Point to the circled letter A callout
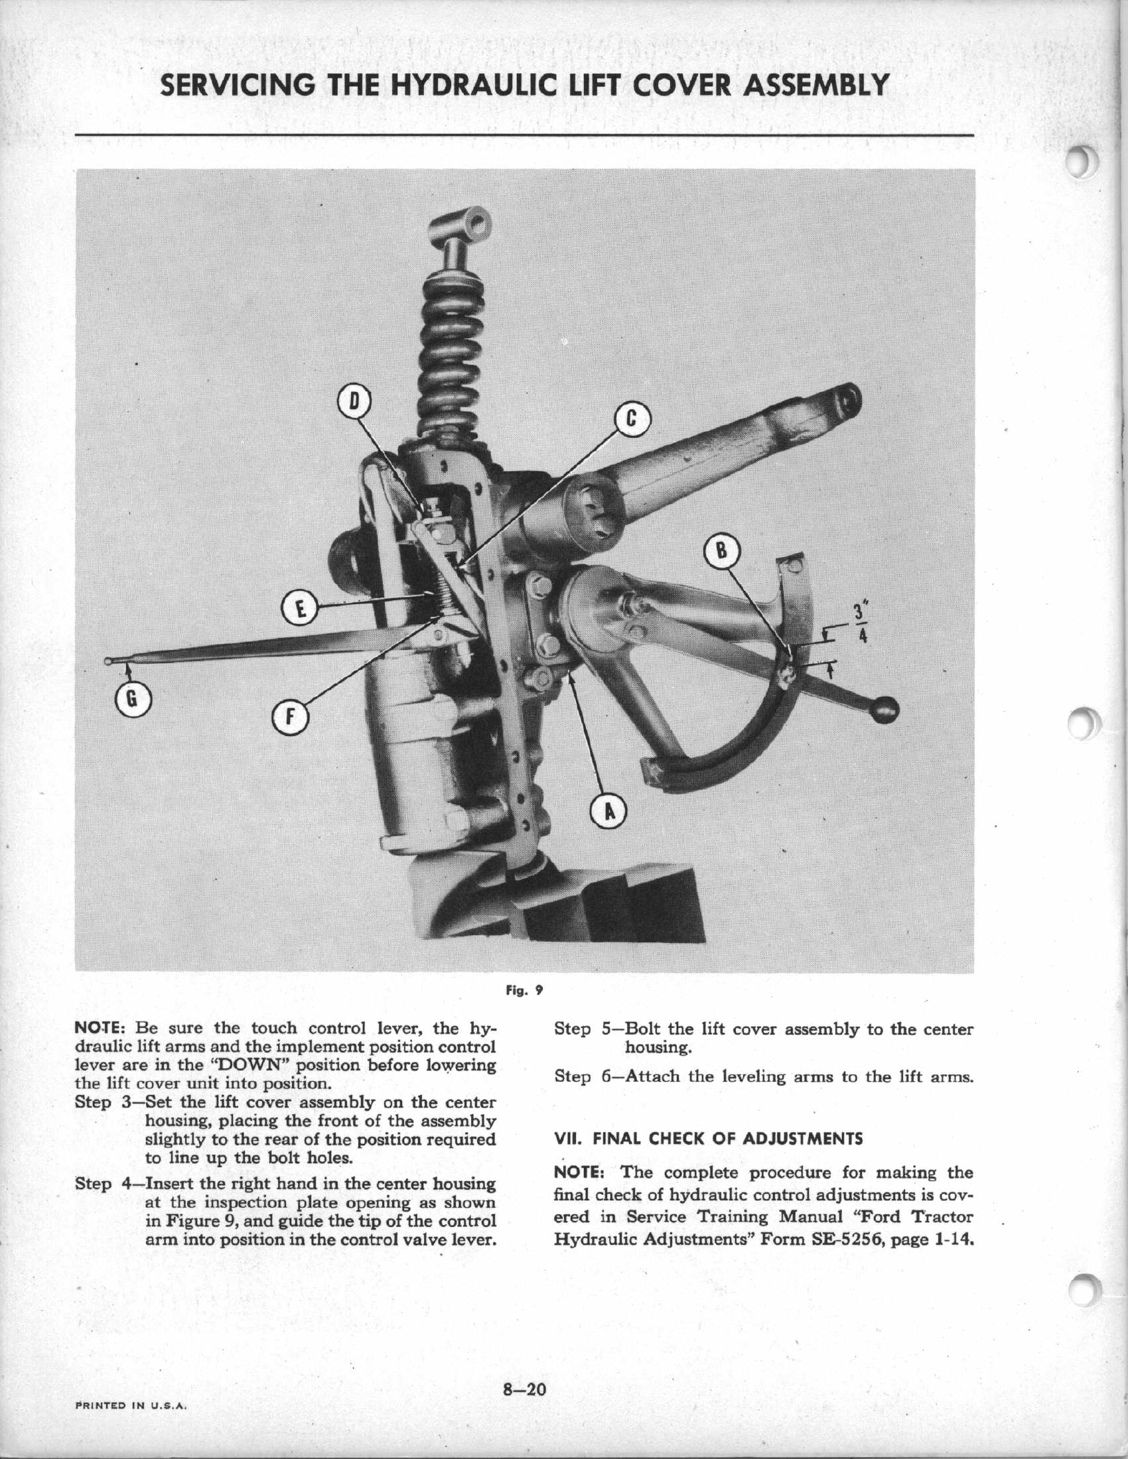point(608,812)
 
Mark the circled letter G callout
point(133,699)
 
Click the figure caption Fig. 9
point(524,989)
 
